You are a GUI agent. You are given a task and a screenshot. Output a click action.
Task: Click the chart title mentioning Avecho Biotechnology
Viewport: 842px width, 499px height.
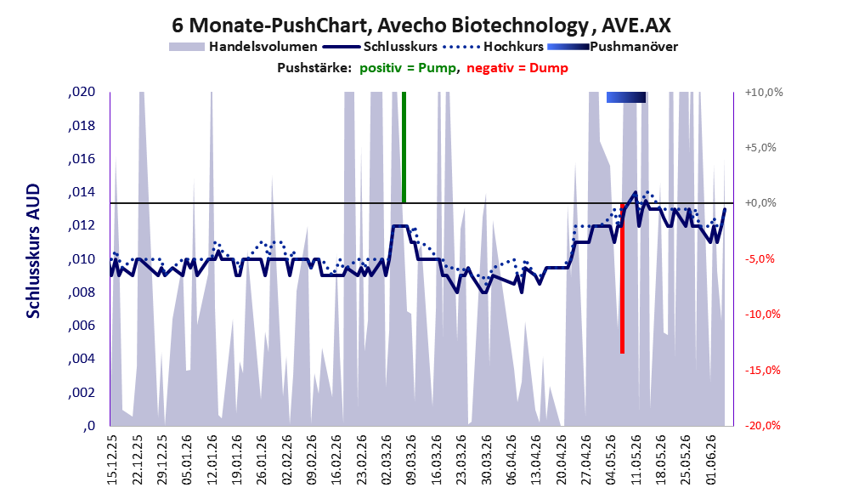421,26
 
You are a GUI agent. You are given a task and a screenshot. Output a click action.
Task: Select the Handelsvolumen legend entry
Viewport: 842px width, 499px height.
243,47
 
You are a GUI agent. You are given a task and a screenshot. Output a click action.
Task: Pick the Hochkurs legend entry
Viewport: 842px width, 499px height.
493,47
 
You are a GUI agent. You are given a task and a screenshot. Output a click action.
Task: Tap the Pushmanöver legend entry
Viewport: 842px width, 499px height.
613,47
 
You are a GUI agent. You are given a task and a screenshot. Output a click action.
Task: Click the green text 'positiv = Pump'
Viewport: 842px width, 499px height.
408,68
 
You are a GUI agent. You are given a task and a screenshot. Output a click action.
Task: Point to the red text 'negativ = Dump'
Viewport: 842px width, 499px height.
517,68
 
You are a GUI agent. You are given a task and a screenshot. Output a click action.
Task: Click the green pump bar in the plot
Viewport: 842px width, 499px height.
404,147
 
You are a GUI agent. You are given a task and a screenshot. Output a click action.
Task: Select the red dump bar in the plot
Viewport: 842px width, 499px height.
623,278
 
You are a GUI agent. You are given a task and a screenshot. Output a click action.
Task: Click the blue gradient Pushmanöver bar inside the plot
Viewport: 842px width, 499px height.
626,97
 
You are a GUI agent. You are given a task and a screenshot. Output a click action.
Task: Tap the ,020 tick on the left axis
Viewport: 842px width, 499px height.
82,92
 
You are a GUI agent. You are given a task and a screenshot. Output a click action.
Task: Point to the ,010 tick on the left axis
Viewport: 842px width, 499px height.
82,259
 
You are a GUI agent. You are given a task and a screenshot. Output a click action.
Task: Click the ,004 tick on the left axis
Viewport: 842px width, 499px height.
82,359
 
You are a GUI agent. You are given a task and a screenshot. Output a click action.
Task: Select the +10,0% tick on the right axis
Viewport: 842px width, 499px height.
764,93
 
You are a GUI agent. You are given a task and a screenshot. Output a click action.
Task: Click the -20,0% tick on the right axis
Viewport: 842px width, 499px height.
762,425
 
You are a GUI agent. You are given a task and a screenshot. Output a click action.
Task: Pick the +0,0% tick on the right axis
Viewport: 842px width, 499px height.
761,203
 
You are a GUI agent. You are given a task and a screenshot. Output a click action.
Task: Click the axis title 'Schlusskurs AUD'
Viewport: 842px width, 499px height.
33,251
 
